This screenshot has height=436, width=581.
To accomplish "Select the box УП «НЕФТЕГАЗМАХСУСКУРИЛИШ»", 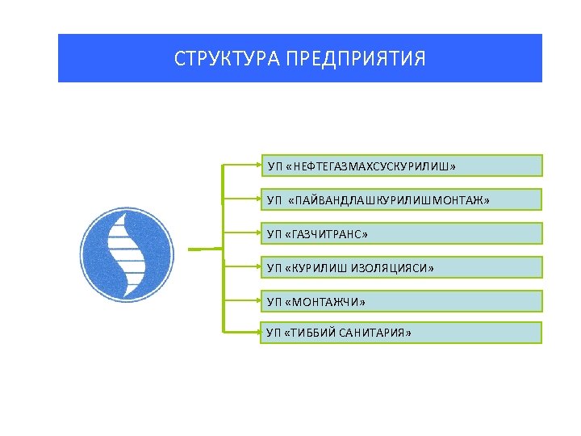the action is click(x=401, y=166).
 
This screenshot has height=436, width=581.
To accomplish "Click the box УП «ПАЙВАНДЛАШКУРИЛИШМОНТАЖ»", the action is click(x=401, y=199).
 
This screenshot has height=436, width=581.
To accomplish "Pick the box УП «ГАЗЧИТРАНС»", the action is click(x=401, y=233).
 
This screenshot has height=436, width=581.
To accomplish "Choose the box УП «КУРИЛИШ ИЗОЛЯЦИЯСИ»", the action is click(x=401, y=267).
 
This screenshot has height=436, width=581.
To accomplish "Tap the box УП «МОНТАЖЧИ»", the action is click(x=401, y=301).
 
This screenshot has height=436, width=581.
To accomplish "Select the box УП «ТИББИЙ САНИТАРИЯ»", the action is click(x=401, y=333).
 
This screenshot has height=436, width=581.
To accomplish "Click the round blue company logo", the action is click(x=127, y=249).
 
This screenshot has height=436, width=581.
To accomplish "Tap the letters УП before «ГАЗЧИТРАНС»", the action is click(x=274, y=234).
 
